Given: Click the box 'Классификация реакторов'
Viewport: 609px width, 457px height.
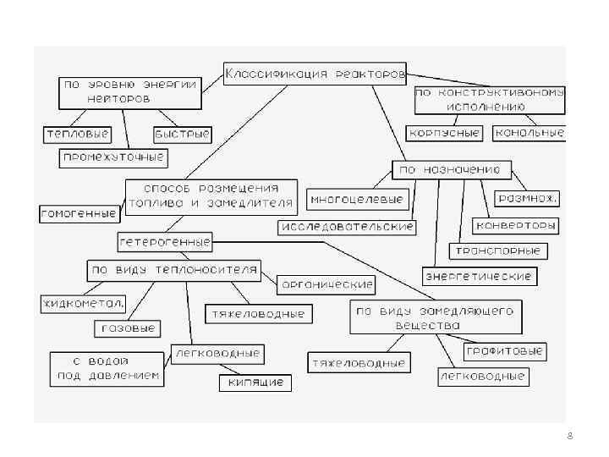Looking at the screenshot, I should coord(315,74).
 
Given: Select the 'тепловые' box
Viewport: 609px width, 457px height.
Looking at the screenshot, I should coord(77,134).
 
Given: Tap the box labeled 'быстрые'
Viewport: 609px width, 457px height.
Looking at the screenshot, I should coord(182,134).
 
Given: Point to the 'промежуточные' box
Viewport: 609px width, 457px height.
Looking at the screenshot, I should coord(113,157).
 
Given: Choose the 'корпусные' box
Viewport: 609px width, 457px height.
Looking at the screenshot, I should coord(444,133).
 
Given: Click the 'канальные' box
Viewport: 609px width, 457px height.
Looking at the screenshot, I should coord(529,133).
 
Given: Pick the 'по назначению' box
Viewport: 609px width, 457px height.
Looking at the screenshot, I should coord(451,169).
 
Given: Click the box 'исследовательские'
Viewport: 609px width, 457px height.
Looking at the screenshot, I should coord(347,227).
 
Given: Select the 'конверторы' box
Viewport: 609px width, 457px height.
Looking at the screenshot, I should coord(516,226).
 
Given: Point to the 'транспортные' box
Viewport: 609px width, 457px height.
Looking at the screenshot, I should coord(499,251).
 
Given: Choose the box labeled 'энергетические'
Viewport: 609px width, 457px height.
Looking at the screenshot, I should coord(480,276).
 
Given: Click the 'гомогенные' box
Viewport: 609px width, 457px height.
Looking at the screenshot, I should coord(79,213).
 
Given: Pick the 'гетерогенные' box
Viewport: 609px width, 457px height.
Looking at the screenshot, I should coord(165,241).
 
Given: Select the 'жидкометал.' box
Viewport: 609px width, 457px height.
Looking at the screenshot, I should coord(83,302).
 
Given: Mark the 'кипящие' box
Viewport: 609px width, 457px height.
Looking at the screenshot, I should coord(255,383).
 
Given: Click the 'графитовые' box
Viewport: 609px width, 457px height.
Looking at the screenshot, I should coord(504,350).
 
